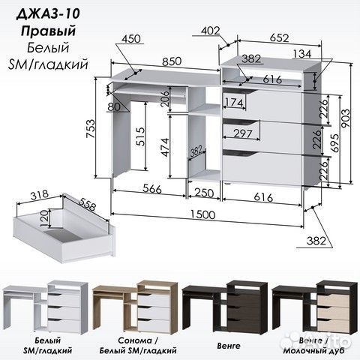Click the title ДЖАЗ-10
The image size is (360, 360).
tap(48, 14)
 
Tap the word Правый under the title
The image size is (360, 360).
tap(48, 31)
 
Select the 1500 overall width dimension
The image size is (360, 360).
tap(202, 214)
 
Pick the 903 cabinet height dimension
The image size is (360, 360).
tap(346, 118)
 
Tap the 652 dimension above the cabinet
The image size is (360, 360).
tap(280, 37)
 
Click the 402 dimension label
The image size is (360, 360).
tap(211, 31)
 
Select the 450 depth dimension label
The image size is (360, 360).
tap(131, 39)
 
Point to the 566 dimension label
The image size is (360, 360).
tap(152, 189)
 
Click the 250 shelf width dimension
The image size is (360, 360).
tap(204, 193)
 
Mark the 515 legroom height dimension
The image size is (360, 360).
tap(140, 136)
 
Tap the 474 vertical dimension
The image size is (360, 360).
tap(165, 147)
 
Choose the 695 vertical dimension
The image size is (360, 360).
tap(335, 143)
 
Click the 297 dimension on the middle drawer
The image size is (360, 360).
tap(243, 133)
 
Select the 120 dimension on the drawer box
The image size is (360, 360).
tap(44, 218)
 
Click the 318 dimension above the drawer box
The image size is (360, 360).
tap(39, 195)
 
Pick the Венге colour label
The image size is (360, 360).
tap(229, 346)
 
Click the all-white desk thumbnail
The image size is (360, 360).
tap(45, 307)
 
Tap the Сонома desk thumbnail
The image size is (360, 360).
tap(135, 307)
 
